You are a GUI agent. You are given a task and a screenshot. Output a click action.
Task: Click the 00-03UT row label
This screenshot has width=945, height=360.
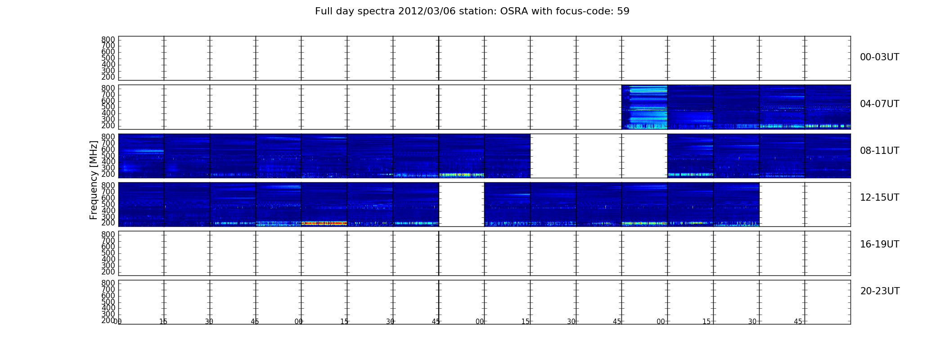click(x=879, y=57)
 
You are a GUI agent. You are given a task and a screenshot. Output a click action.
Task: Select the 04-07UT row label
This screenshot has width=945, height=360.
click(x=879, y=104)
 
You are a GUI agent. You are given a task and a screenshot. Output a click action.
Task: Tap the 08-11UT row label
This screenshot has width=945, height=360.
click(x=879, y=151)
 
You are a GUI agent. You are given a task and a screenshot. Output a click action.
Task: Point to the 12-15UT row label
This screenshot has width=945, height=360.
click(x=879, y=198)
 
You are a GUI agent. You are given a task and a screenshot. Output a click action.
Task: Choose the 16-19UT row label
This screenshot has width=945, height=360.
click(x=879, y=244)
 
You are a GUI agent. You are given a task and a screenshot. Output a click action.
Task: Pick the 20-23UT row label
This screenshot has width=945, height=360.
click(x=880, y=291)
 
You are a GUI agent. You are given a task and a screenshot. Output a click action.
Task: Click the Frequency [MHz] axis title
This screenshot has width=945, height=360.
click(x=94, y=180)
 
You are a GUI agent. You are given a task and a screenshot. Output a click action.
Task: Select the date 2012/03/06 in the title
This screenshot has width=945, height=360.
click(x=426, y=11)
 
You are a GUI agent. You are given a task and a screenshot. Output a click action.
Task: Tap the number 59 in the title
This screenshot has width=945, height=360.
click(x=624, y=11)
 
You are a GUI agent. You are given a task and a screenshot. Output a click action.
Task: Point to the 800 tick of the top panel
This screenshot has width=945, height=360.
click(x=108, y=40)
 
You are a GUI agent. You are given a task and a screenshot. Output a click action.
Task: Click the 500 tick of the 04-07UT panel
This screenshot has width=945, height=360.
click(x=108, y=107)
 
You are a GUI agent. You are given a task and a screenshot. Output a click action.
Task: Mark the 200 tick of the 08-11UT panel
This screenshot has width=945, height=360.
click(x=108, y=174)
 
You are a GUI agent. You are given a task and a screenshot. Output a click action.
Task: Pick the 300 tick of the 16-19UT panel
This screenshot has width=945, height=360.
click(x=108, y=265)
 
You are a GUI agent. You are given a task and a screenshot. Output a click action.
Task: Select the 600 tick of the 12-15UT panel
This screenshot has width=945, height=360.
click(x=108, y=198)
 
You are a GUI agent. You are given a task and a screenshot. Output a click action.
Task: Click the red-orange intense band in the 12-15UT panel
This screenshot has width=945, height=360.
click(x=324, y=223)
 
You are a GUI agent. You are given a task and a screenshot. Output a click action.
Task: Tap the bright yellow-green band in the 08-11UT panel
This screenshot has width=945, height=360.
click(x=462, y=175)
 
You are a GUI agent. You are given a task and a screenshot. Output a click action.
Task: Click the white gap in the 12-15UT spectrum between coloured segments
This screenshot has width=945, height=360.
click(x=462, y=204)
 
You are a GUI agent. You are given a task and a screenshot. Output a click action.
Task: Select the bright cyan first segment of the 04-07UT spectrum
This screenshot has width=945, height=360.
click(x=644, y=107)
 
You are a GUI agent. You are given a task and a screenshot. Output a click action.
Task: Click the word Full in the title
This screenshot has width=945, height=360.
click(x=324, y=11)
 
